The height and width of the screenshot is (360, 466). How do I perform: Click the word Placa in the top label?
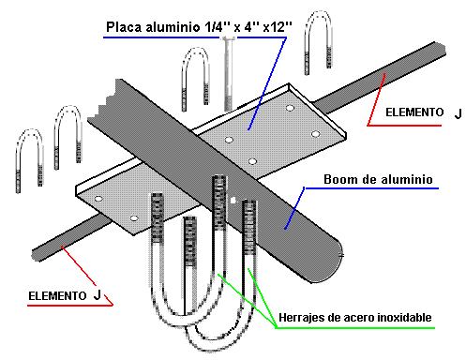coord(124,27)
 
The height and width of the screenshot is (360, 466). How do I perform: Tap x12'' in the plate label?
coord(278,27)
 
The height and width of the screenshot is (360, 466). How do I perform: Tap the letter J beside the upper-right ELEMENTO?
coord(458,113)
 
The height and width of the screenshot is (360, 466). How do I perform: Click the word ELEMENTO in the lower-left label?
coord(57,296)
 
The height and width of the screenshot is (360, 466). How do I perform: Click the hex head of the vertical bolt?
coord(229,38)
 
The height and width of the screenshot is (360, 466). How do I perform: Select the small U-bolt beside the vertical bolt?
coord(195,79)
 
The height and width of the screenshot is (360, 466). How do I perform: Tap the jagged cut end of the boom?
coord(101,100)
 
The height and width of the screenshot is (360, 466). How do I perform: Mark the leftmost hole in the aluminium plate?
coord(98,199)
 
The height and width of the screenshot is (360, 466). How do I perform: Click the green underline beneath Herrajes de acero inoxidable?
coord(355,328)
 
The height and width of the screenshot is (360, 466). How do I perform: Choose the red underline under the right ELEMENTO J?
coord(404,126)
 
